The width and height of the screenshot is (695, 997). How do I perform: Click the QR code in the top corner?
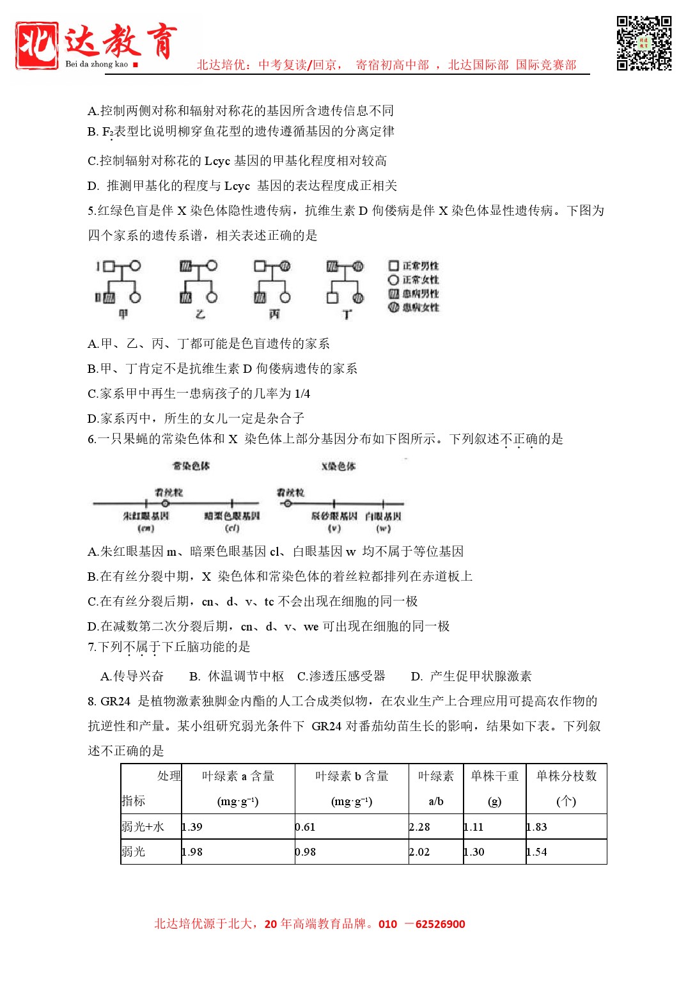644,43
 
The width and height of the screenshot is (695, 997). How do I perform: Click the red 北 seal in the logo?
37,45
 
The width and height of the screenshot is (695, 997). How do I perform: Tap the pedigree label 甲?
123,314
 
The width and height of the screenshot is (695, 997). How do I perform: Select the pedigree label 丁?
347,314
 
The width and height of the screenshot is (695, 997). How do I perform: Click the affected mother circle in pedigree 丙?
285,266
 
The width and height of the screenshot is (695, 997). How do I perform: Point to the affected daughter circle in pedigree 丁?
359,297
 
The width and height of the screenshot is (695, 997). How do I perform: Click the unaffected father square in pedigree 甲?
109,266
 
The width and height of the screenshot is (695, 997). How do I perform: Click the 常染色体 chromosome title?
191,466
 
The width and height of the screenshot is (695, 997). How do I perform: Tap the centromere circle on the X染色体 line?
288,504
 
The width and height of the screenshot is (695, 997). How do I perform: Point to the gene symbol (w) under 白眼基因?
383,528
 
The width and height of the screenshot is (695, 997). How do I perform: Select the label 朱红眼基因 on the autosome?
146,516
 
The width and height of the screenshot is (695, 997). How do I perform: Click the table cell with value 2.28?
420,827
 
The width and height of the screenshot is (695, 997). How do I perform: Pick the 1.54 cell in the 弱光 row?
537,852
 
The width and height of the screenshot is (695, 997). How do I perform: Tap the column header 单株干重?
494,776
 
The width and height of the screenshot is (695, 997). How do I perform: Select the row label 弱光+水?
143,827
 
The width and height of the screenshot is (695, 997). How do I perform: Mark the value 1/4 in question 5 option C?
302,393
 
